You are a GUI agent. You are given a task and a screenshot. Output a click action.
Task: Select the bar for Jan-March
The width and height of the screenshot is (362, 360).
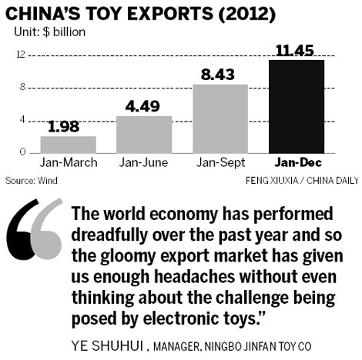coord(58,144)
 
